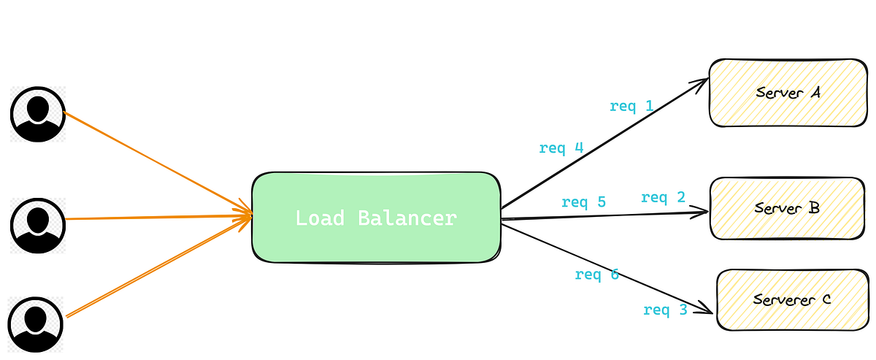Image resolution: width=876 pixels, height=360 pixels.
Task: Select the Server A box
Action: (x=788, y=93)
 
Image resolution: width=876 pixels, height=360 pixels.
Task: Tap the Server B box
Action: (x=787, y=208)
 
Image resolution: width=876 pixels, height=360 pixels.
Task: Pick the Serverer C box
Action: (x=792, y=299)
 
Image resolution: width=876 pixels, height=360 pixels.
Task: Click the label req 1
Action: (x=631, y=107)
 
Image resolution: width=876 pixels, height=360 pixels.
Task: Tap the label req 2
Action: (x=663, y=197)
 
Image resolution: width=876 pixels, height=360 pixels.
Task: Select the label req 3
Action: (x=665, y=310)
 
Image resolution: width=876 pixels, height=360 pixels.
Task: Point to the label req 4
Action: (x=561, y=148)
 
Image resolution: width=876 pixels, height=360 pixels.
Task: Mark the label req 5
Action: (x=583, y=202)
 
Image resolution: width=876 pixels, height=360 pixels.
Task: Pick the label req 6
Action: (x=596, y=275)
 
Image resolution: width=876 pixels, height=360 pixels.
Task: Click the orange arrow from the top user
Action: (x=153, y=161)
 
